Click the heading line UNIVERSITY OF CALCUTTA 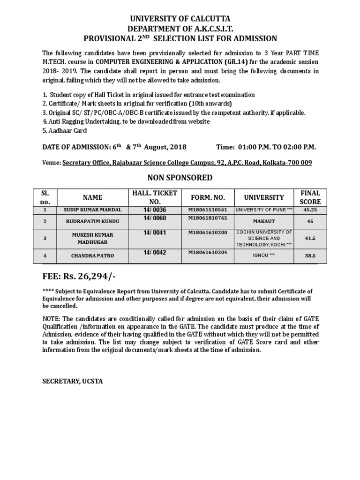pyautogui.click(x=180, y=19)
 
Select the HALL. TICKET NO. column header pyautogui.click(x=154, y=197)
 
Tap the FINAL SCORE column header pyautogui.click(x=310, y=197)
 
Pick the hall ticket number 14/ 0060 pyautogui.click(x=155, y=218)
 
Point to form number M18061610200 pyautogui.click(x=208, y=232)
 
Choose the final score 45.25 pyautogui.click(x=310, y=210)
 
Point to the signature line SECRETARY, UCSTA pyautogui.click(x=73, y=382)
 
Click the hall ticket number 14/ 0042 pyautogui.click(x=155, y=252)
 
